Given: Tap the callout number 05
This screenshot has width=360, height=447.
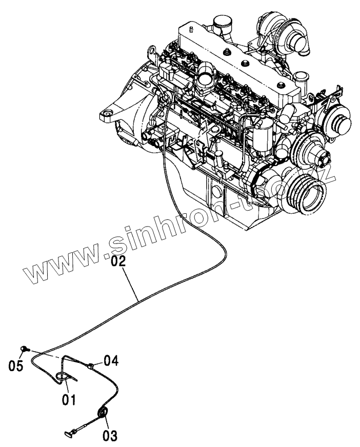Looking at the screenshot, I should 16,366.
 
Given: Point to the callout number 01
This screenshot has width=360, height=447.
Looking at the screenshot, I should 69,398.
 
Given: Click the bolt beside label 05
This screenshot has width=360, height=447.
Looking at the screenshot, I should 24,349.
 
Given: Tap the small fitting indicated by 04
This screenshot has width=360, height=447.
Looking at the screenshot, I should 91,365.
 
